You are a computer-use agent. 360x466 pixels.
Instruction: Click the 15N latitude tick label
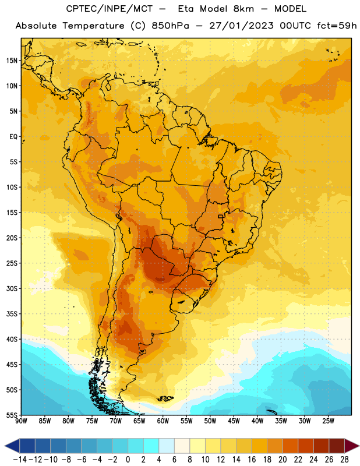point(12,61)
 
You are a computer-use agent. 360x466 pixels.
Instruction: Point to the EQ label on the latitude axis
point(13,137)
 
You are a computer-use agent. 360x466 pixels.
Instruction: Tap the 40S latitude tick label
point(12,339)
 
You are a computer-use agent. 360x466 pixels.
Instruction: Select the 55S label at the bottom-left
point(12,415)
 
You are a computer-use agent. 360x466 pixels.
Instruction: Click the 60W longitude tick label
point(163,421)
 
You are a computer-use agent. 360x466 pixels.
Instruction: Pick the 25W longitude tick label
point(328,421)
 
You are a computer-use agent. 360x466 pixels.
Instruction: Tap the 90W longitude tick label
point(21,421)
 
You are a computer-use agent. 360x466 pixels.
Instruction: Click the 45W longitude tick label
point(234,421)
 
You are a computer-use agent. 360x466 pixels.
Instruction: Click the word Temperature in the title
point(93,26)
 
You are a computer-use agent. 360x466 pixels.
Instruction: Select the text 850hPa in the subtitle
point(170,26)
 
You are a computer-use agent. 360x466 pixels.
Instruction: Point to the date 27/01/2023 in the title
point(241,26)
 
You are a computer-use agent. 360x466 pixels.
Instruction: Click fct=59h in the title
point(337,26)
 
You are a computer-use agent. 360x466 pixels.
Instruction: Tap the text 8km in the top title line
point(243,9)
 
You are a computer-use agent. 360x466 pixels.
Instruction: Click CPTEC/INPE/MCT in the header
point(110,9)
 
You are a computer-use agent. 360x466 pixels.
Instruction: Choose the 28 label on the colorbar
point(344,460)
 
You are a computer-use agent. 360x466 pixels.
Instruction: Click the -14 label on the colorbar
point(20,460)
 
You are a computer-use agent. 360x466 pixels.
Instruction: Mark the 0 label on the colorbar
point(128,460)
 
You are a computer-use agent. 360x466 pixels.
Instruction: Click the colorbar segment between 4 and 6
point(167,446)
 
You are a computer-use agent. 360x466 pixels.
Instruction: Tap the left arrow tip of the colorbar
point(5,446)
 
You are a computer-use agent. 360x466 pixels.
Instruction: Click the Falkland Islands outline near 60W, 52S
point(165,398)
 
